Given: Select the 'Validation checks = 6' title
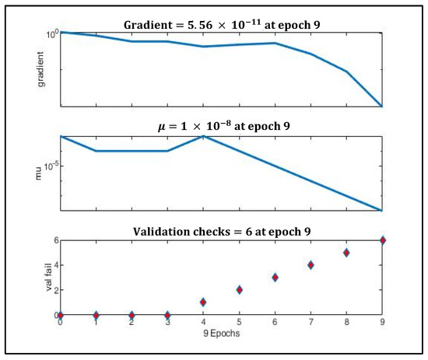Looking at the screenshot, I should click(221, 229).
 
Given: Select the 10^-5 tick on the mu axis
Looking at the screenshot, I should click(48, 166).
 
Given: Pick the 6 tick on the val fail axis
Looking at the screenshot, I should click(55, 240).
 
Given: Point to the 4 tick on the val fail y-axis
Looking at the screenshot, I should click(55, 265).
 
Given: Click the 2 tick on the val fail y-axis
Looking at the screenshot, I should click(55, 290).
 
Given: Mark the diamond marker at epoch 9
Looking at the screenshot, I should click(382, 240).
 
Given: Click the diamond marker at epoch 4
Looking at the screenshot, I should click(203, 302).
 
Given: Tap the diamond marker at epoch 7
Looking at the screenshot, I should click(310, 265).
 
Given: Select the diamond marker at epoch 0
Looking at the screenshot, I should click(61, 315).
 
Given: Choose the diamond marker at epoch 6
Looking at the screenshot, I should click(275, 278).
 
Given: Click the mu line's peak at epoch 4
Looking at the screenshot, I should click(203, 136).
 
